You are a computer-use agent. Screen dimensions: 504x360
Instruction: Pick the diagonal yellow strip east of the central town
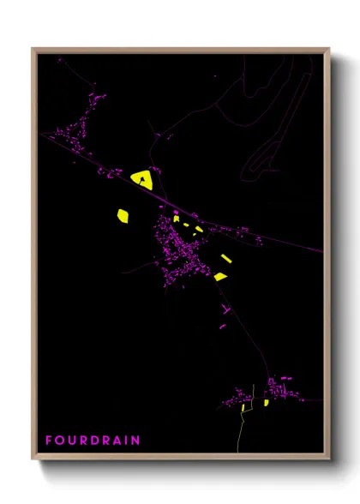226,258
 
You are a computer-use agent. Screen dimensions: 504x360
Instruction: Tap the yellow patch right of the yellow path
267,402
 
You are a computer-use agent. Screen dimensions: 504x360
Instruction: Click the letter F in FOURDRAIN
49,441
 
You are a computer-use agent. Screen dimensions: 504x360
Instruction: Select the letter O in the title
61,441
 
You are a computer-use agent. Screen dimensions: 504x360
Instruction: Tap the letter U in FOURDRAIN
73,441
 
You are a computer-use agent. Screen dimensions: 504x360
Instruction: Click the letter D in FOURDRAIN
97,441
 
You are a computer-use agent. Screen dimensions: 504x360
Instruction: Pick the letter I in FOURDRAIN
129,441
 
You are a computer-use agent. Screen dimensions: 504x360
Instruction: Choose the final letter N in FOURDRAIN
137,441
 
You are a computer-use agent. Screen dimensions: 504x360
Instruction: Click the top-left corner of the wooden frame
33,50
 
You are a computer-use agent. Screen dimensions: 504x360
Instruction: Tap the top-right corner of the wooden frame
328,50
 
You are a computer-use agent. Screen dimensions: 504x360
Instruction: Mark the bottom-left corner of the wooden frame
33,459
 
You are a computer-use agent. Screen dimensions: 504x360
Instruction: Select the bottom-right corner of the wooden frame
328,459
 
